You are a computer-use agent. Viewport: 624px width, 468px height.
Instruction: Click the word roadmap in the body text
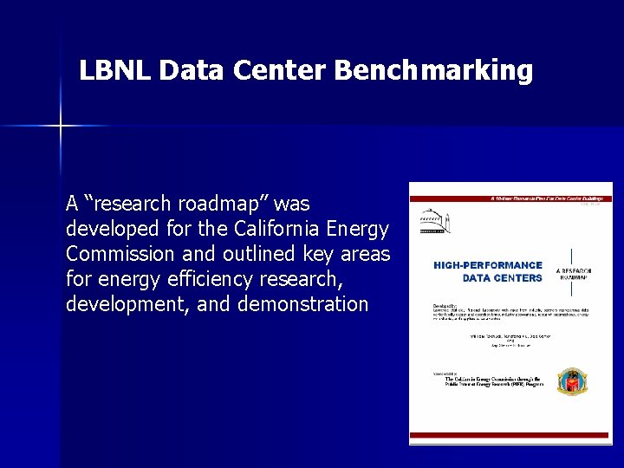click(x=224, y=205)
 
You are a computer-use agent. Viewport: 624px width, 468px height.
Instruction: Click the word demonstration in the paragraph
click(x=308, y=304)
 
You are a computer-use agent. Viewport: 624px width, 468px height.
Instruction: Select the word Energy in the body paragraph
click(x=360, y=230)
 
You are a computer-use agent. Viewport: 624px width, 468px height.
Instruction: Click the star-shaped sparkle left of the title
click(x=60, y=127)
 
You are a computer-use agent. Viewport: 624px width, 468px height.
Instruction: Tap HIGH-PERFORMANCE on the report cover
click(x=488, y=265)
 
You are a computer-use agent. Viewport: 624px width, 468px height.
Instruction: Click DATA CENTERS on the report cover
click(x=502, y=277)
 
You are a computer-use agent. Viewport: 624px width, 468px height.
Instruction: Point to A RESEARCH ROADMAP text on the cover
click(x=575, y=275)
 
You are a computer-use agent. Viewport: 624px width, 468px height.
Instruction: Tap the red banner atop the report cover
click(x=510, y=198)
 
